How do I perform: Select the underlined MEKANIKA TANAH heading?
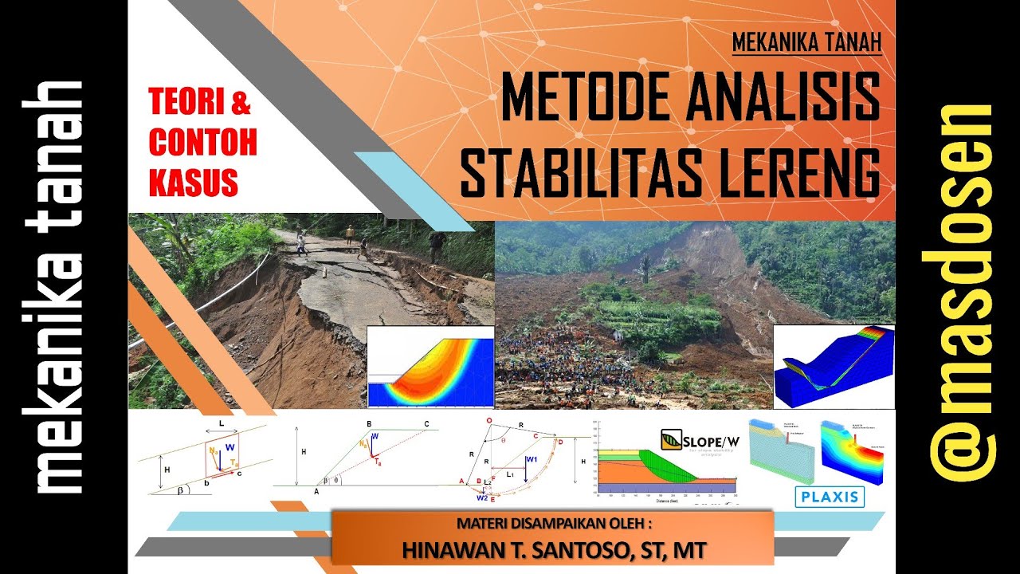click(806, 42)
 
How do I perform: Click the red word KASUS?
click(194, 183)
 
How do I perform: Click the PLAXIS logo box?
click(829, 497)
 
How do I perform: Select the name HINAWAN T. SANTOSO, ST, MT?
click(553, 549)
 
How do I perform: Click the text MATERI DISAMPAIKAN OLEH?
click(554, 524)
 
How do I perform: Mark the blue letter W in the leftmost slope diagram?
click(230, 447)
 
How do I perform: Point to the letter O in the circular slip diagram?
click(489, 419)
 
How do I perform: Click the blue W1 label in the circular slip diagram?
click(532, 458)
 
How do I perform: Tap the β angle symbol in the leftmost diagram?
click(180, 489)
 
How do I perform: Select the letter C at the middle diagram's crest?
click(426, 423)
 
